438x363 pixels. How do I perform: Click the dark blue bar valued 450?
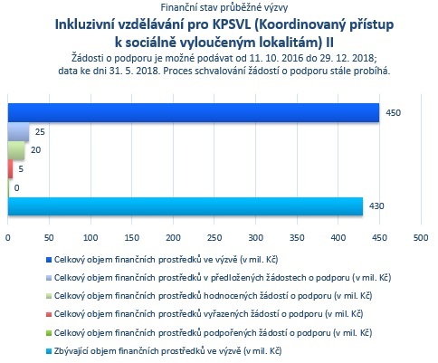[194, 113]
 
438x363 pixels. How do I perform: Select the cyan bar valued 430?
[186, 206]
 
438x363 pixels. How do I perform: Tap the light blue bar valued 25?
[18, 132]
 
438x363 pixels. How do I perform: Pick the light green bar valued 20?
[16, 150]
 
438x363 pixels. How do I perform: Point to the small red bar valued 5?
[10, 169]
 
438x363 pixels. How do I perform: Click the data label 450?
[393, 113]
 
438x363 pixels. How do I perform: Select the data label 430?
[376, 206]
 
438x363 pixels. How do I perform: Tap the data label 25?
[40, 132]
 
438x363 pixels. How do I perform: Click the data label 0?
[16, 188]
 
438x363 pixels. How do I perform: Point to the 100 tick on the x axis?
[90, 238]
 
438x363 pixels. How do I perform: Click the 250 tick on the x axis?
[214, 238]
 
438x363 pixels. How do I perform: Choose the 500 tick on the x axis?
[421, 238]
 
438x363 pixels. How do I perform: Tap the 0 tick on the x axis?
[8, 238]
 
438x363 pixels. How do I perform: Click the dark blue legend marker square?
[49, 260]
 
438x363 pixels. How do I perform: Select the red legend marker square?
[49, 314]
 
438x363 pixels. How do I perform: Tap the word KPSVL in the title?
[232, 24]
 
